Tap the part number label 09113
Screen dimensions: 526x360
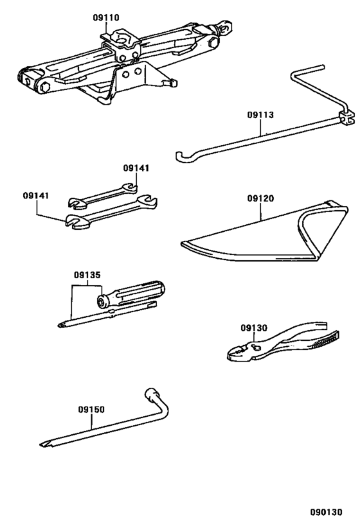(260, 116)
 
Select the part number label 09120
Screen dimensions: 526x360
(260, 198)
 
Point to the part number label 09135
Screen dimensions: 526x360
(87, 275)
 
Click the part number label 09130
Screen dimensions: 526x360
(253, 328)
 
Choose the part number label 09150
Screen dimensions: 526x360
(91, 409)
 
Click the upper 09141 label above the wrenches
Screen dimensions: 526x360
(136, 168)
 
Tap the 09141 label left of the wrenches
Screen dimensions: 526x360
(36, 195)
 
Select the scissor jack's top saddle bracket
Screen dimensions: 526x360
(122, 42)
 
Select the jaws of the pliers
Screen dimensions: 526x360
(237, 351)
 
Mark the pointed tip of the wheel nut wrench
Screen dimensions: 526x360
(43, 444)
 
